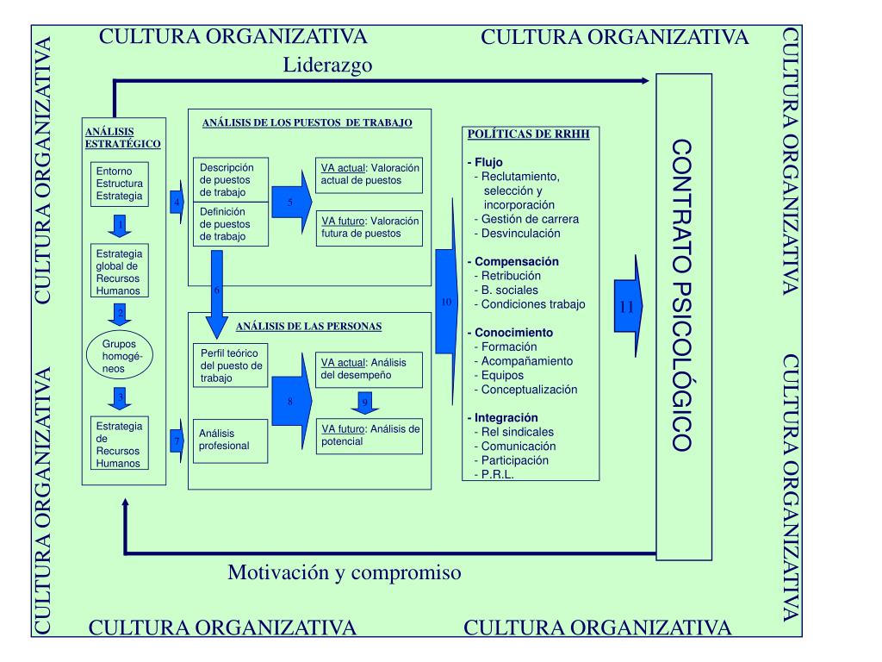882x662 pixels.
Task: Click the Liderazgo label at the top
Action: (327, 66)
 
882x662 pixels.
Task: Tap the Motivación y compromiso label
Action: (345, 572)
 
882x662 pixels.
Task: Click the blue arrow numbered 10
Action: (446, 302)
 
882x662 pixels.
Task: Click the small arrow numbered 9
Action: (364, 403)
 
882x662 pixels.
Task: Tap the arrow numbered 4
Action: (177, 202)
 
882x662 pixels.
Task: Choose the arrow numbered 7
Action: (177, 440)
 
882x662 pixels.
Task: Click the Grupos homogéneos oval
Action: (120, 356)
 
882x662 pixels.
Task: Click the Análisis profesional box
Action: (230, 440)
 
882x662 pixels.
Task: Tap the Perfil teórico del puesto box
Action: (230, 365)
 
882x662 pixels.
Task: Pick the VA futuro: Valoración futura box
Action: (370, 227)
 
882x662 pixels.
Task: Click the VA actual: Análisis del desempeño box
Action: (370, 368)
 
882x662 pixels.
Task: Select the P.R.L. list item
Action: (498, 473)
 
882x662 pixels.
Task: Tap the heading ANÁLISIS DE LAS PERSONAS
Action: (308, 327)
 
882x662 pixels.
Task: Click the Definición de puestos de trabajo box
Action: (230, 224)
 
